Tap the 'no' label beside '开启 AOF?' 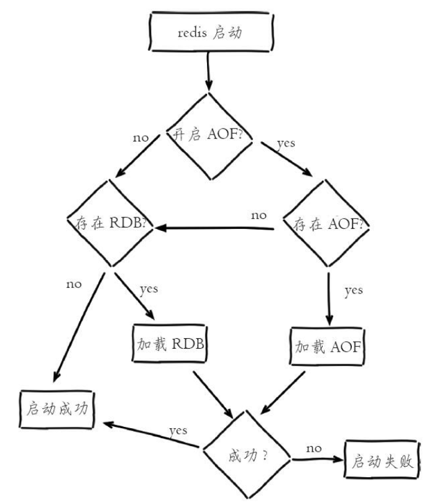click(x=140, y=137)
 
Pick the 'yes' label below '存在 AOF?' click(x=353, y=290)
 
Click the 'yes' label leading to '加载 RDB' click(x=149, y=289)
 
